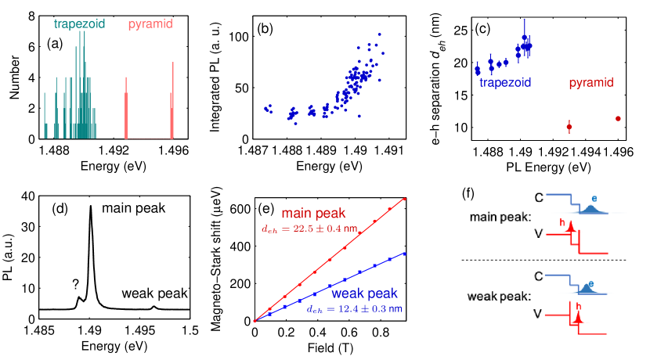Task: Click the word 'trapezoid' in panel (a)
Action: point(81,24)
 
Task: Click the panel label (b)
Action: point(265,31)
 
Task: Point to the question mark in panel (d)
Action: point(76,285)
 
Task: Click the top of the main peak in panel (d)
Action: point(91,207)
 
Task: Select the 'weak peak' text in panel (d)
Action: point(154,293)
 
